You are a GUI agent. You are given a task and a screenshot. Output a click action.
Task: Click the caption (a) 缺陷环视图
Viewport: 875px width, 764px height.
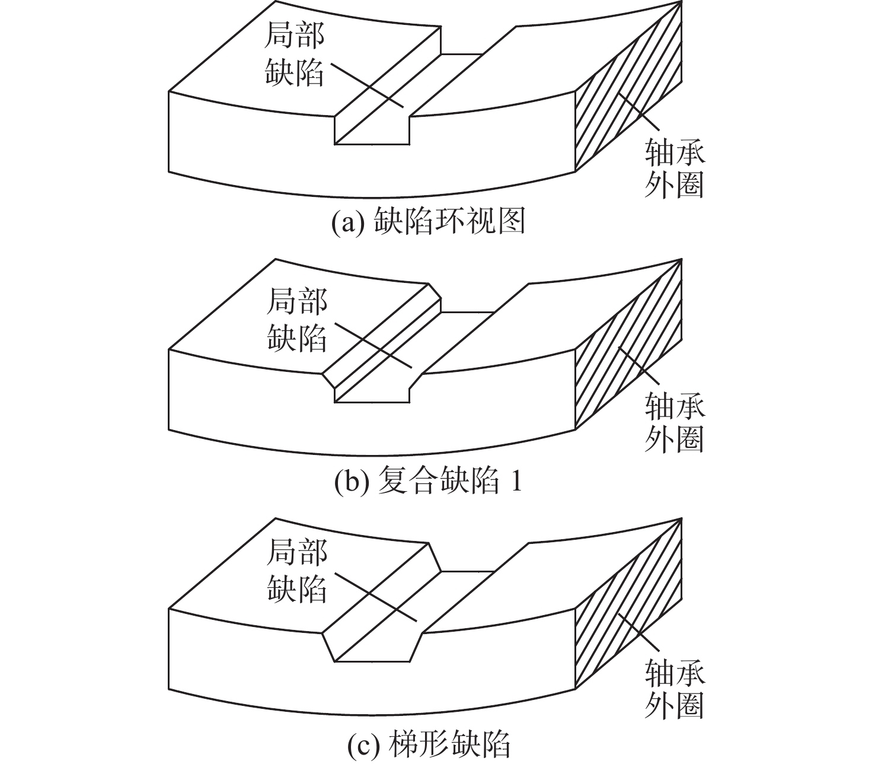(x=428, y=222)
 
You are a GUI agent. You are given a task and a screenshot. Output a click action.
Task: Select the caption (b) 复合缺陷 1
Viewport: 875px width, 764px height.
(x=428, y=482)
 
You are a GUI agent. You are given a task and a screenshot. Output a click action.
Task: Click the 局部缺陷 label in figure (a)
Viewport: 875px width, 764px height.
(x=294, y=54)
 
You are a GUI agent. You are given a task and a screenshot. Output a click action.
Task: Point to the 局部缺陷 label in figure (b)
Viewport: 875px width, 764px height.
(x=297, y=319)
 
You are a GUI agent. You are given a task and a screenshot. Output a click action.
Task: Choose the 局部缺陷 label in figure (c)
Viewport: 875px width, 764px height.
(x=297, y=571)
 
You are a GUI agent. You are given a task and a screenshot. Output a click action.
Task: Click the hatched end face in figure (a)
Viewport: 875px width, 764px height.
(x=628, y=85)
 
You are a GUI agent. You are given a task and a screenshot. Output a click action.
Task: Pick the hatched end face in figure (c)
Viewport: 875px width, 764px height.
(x=628, y=603)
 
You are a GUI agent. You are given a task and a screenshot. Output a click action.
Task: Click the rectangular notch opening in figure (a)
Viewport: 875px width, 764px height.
(x=372, y=128)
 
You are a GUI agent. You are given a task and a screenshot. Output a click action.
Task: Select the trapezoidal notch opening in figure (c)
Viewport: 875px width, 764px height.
(x=372, y=645)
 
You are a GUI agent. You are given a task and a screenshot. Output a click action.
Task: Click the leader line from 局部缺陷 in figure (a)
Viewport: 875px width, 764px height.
(x=368, y=85)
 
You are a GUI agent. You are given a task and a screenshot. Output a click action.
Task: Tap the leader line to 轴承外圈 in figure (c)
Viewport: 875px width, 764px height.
(x=638, y=636)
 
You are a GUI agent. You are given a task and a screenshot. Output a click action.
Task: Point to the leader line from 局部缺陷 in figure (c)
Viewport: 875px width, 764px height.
(x=375, y=597)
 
